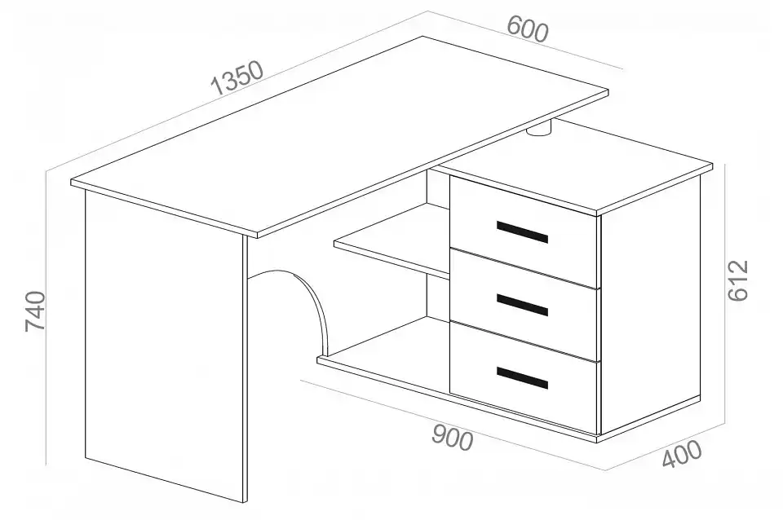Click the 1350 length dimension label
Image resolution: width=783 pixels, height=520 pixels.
(x=237, y=77)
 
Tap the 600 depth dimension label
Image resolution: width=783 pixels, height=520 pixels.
(x=528, y=29)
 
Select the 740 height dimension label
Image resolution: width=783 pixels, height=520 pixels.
(x=35, y=311)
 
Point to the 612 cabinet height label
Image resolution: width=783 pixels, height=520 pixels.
(x=738, y=280)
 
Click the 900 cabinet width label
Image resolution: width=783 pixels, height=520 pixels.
(x=453, y=438)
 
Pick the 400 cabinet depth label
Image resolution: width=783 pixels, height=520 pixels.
(x=682, y=454)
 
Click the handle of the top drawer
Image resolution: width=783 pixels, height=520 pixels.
(x=522, y=232)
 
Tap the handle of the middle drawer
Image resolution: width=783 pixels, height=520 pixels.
(x=522, y=305)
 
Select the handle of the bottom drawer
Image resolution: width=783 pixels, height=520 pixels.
(x=522, y=377)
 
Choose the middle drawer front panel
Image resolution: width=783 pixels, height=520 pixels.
(x=524, y=304)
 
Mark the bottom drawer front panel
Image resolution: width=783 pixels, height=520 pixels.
(x=524, y=377)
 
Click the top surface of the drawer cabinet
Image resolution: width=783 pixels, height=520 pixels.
(x=574, y=165)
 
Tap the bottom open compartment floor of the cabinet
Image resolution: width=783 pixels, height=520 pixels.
(x=384, y=344)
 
